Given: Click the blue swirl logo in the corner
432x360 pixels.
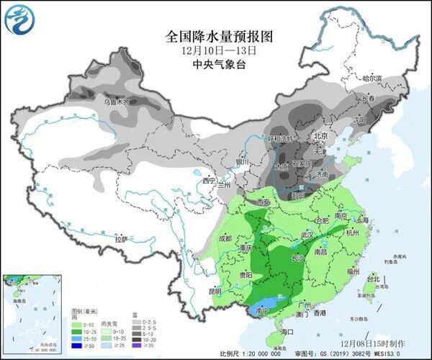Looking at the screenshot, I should pyautogui.click(x=20, y=19).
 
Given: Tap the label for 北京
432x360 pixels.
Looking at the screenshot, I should pyautogui.click(x=320, y=136).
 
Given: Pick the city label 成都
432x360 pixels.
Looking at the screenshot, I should pyautogui.click(x=225, y=238).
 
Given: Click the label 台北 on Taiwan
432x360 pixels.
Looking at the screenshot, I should pyautogui.click(x=372, y=278).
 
